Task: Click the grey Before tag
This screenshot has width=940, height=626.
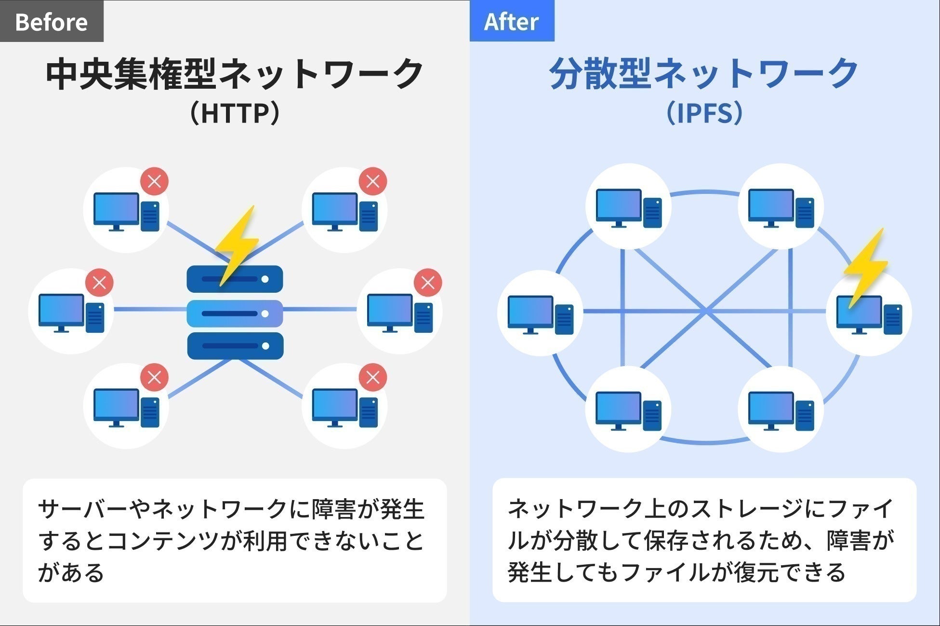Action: (x=52, y=21)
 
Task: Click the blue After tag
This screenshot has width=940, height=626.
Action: (x=512, y=21)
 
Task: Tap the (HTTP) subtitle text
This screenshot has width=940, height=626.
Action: (x=235, y=113)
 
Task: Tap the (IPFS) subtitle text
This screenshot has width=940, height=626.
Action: (x=704, y=113)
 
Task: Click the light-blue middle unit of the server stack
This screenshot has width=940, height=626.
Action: (x=235, y=313)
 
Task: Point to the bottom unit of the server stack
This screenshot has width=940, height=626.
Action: (x=235, y=346)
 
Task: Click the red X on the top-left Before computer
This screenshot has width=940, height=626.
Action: (x=154, y=181)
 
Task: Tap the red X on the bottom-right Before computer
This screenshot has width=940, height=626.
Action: (x=373, y=377)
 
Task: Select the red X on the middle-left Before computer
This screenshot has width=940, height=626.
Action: (x=99, y=282)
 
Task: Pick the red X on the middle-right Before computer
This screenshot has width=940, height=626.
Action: (x=428, y=282)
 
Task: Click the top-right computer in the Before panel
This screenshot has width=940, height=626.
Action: (x=344, y=211)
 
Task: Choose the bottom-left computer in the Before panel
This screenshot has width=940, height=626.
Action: (x=126, y=407)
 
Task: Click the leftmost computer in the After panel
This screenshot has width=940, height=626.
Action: (x=540, y=314)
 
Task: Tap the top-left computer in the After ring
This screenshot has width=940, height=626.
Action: (x=628, y=207)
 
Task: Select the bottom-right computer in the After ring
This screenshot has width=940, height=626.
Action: (x=781, y=410)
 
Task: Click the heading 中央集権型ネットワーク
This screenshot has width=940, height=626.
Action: (x=235, y=74)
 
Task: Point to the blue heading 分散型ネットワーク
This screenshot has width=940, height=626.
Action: (x=704, y=74)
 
